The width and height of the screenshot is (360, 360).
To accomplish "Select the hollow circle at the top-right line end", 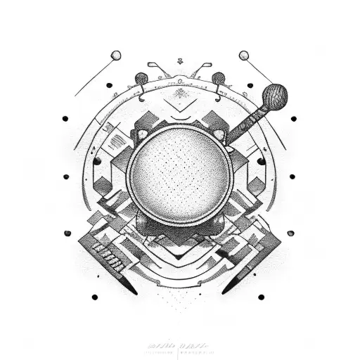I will pyautogui.click(x=244, y=55).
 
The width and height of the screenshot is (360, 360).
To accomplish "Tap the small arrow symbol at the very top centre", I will pyautogui.click(x=181, y=62).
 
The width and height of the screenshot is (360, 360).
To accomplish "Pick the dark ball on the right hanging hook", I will pyautogui.click(x=219, y=77).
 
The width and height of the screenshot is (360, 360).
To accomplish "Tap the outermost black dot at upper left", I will pyautogui.click(x=65, y=118).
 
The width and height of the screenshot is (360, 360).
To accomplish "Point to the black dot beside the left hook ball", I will pyautogui.click(x=110, y=85).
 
